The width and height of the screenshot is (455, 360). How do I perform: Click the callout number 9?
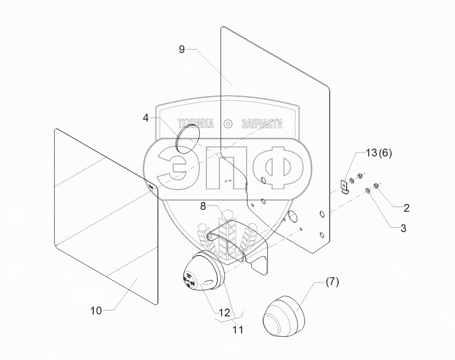click(181, 49)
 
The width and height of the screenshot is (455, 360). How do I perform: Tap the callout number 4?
click(146, 118)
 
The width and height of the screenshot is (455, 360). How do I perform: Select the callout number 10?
click(96, 310)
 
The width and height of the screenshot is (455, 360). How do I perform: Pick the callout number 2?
click(406, 207)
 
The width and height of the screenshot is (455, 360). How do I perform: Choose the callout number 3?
click(403, 228)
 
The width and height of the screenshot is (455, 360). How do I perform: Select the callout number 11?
click(238, 330)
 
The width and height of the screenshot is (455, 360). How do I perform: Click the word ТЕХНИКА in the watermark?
click(196, 124)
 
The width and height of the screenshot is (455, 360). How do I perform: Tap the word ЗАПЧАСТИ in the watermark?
click(262, 124)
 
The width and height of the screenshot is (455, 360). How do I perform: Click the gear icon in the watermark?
click(227, 124)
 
